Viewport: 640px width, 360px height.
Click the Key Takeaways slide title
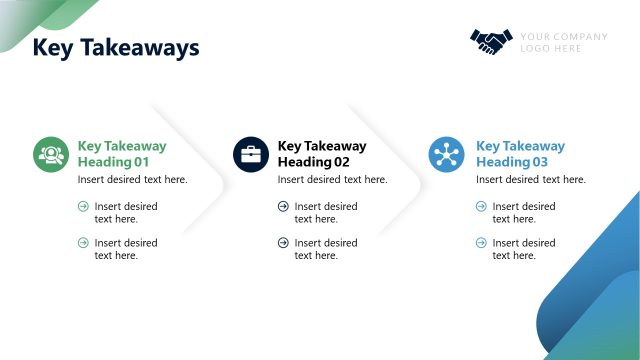click(x=116, y=47)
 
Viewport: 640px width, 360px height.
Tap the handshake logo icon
click(x=491, y=41)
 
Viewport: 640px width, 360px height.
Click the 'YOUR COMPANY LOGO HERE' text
click(x=563, y=42)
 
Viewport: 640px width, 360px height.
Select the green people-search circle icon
click(x=50, y=154)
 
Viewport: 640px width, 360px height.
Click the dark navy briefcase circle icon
click(x=251, y=154)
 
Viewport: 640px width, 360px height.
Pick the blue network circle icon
click(x=447, y=154)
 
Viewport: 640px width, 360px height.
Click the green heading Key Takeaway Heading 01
click(x=121, y=153)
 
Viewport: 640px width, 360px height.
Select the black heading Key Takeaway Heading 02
click(x=321, y=153)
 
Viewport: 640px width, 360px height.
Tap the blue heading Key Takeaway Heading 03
click(x=520, y=153)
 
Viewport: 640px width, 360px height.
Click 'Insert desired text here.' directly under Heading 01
click(x=132, y=180)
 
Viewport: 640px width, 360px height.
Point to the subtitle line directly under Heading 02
click(x=332, y=180)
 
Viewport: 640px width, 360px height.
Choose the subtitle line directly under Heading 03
click(x=530, y=180)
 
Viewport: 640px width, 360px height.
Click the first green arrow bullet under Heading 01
click(x=83, y=207)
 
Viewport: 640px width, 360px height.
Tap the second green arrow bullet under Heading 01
click(x=83, y=243)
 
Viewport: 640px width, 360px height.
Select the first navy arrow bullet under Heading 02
click(x=283, y=207)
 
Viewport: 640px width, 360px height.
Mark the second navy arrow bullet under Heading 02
click(x=283, y=243)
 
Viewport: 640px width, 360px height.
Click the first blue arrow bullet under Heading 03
click(x=481, y=207)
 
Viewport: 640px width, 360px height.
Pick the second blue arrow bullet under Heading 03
click(x=481, y=243)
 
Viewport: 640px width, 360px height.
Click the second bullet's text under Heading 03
click(x=524, y=249)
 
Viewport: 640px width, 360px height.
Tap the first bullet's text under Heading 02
click(x=325, y=213)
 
